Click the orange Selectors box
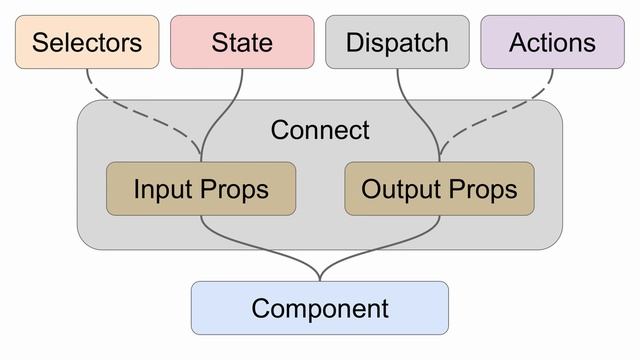click(86, 42)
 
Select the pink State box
click(242, 42)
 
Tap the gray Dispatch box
click(397, 42)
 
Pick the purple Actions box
click(552, 42)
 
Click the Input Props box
click(201, 189)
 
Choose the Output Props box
click(439, 189)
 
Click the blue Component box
click(320, 308)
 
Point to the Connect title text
click(320, 130)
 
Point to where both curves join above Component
click(320, 276)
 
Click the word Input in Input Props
click(164, 189)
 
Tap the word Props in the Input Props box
click(236, 189)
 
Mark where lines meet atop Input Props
click(201, 158)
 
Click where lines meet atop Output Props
click(439, 158)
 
